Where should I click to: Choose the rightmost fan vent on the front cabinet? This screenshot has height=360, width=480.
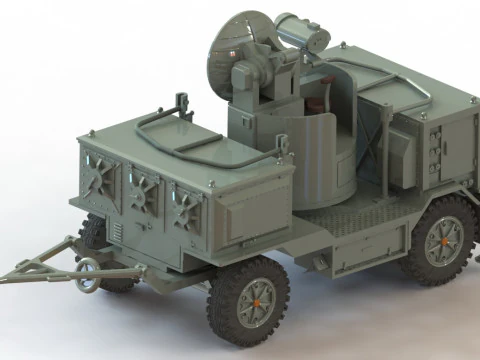pos(185,202)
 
